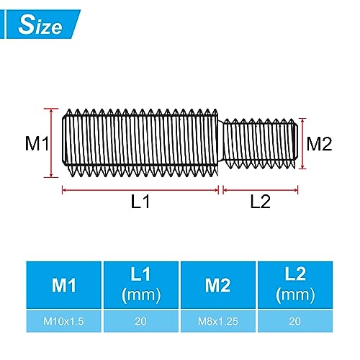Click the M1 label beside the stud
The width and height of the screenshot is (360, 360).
(37, 144)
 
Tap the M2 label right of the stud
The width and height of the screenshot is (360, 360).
(318, 143)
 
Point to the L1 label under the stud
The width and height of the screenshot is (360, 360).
(140, 202)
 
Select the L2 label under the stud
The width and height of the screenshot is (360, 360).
(260, 202)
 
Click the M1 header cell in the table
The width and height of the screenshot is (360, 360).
(63, 286)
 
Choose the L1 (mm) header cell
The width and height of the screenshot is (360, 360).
(140, 286)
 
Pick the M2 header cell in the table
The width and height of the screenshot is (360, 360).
(219, 286)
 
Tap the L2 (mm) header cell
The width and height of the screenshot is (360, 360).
(296, 286)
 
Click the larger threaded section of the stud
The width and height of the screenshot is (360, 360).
(140, 143)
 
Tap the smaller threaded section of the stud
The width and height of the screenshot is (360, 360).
(259, 143)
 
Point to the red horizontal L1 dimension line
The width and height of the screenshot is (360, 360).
(140, 189)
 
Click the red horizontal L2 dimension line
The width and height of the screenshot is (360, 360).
(260, 189)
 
